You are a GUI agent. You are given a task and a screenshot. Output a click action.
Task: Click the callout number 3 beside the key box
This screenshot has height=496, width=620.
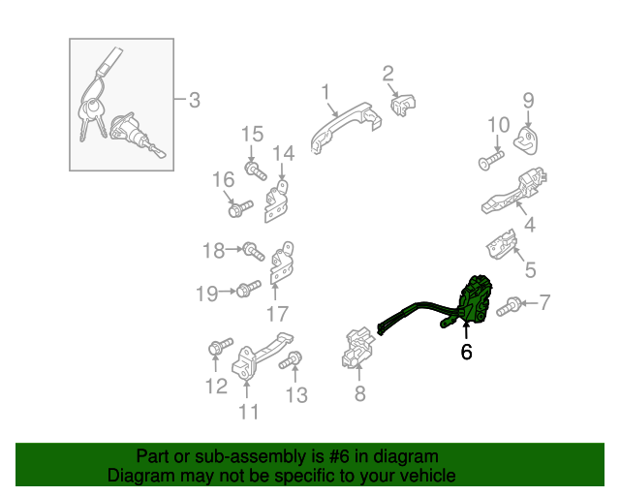[194, 100]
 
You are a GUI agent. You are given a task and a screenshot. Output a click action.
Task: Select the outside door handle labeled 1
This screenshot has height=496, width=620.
[345, 126]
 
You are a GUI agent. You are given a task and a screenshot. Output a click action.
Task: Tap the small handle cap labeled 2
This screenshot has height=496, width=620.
[403, 105]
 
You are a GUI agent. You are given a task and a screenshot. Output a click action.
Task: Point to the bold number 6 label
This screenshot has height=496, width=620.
[467, 352]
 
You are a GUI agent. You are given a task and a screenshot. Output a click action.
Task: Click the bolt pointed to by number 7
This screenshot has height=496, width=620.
[509, 306]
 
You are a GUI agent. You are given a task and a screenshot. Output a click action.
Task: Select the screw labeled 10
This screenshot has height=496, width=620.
[491, 160]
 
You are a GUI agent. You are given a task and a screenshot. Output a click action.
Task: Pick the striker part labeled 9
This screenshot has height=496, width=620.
[526, 140]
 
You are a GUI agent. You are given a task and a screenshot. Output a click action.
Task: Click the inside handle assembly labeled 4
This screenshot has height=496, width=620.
[514, 192]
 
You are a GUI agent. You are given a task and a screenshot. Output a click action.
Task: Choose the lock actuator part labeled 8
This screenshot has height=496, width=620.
[357, 347]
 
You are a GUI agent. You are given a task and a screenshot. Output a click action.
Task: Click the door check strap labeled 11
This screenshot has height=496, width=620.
[262, 356]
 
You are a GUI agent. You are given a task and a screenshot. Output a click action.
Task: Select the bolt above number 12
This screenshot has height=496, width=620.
[220, 347]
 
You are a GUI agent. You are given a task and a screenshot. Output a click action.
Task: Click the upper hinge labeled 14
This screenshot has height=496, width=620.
[276, 201]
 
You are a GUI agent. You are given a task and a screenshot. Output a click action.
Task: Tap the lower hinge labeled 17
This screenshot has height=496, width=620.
[282, 263]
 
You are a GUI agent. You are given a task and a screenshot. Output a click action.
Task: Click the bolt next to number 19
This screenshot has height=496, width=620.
[248, 289]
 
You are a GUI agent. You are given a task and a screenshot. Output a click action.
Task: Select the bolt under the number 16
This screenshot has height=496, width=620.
[240, 208]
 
